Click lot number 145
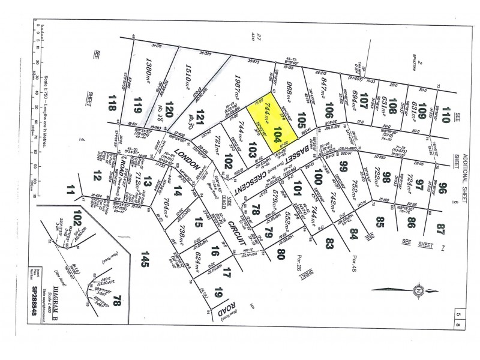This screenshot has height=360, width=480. (143, 259)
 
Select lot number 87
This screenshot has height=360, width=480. (443, 227)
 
